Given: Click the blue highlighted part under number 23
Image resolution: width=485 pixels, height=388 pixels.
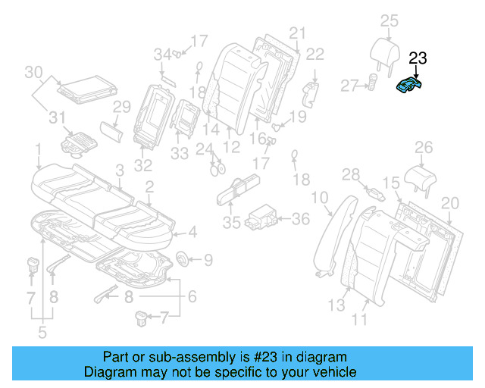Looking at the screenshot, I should [411, 86].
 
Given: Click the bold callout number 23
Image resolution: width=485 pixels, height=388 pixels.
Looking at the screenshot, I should [418, 58].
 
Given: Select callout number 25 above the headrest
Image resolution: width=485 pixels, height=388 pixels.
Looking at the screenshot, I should [388, 20].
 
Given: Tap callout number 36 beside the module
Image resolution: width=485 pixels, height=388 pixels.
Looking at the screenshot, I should [301, 219].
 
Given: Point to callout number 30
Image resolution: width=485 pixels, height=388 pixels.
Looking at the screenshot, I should [33, 73].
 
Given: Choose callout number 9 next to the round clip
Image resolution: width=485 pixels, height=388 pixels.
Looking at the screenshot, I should [208, 261].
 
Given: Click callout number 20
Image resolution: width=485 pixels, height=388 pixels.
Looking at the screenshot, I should [449, 203].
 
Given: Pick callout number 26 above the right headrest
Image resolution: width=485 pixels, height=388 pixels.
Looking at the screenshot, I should [423, 147].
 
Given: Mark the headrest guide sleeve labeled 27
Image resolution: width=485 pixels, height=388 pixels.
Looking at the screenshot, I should [372, 83].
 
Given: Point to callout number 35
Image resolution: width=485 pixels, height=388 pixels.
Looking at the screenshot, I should [231, 224].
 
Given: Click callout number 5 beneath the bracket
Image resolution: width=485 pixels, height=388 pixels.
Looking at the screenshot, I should [42, 330].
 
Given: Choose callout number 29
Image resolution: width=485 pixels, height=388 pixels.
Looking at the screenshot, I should [122, 109].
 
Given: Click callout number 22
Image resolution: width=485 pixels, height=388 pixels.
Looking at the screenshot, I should [314, 53].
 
